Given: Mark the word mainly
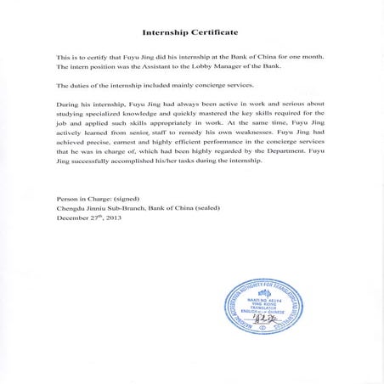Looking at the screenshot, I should [192, 86].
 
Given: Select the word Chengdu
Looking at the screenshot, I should [71, 207].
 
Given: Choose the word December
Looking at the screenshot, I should [71, 217].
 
